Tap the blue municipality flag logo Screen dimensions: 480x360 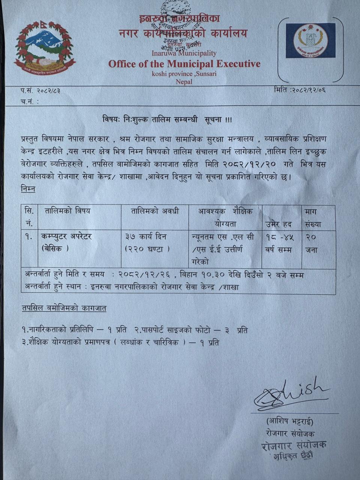(x=310, y=40)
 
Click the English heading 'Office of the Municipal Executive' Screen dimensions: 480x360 (x=184, y=64)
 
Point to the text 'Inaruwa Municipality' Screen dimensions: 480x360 (x=184, y=54)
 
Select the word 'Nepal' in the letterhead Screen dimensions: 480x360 (x=184, y=82)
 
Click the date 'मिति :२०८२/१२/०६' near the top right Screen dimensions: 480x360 (x=300, y=90)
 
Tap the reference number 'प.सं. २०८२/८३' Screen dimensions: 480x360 (x=40, y=90)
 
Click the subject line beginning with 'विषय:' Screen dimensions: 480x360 (x=167, y=120)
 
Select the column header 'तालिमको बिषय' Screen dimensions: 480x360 (x=67, y=211)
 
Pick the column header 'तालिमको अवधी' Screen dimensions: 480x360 (x=155, y=211)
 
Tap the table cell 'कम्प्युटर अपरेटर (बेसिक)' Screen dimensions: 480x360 (x=66, y=242)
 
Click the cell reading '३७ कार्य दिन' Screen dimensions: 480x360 (x=146, y=237)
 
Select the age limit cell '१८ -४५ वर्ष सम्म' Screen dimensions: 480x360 (x=280, y=243)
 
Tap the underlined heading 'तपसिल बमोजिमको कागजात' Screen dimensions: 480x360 (x=64, y=308)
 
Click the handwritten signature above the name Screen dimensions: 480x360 (x=289, y=394)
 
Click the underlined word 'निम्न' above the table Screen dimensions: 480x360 (x=28, y=189)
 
